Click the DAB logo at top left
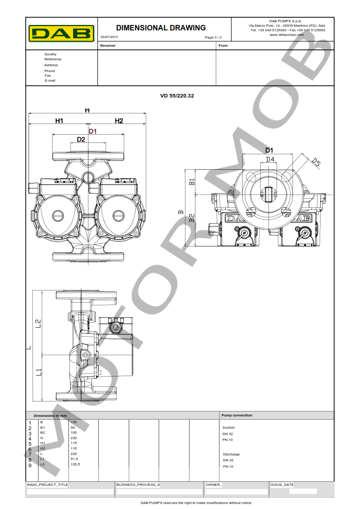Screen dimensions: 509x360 [62, 33]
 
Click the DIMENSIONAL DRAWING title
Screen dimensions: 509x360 [161, 28]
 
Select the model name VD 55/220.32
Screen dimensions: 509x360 [177, 96]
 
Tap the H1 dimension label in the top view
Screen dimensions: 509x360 [59, 121]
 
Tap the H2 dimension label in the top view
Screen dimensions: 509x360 [119, 121]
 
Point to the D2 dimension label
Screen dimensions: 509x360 [81, 139]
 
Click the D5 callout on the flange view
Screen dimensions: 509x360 [316, 162]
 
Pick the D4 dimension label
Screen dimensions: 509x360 [270, 159]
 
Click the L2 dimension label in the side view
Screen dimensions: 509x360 [39, 323]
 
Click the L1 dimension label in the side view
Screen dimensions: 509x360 [39, 372]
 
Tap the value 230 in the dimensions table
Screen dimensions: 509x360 [74, 438]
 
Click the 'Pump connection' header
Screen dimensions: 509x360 [237, 415]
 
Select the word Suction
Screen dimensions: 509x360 [229, 427]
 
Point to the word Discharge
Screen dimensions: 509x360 [231, 454]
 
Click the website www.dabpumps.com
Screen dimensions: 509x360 [287, 34]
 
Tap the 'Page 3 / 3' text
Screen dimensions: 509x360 [213, 37]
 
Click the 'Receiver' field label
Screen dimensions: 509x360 [108, 45]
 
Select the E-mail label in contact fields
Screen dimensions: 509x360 [50, 80]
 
